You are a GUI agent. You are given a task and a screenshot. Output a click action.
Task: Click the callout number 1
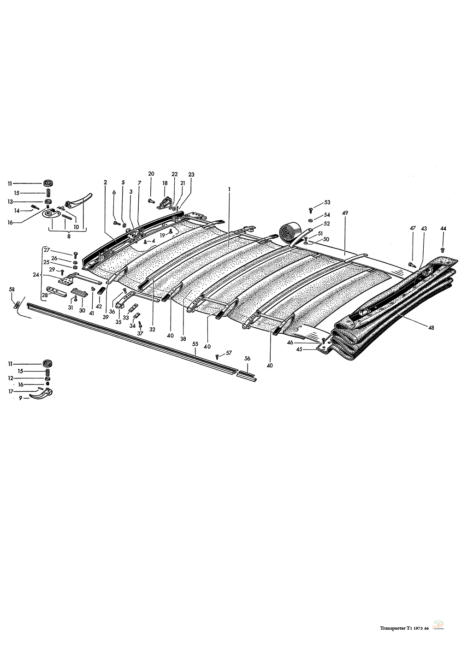point(229,189)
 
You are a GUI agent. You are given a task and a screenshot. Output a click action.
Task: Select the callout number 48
point(431,328)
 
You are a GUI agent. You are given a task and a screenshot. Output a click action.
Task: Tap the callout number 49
point(345,213)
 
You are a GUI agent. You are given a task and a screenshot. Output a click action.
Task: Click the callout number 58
point(12,290)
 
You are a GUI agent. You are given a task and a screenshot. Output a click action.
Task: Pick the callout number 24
point(36,274)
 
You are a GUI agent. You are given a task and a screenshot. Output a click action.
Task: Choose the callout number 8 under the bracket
point(69,236)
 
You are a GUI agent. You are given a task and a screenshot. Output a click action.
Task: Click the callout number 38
point(183,339)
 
